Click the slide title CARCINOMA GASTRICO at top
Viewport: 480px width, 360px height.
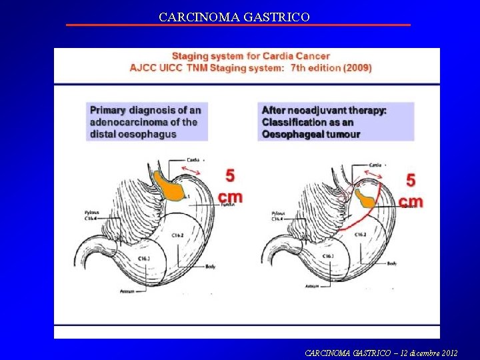234,17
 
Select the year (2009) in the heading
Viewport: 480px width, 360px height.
357,68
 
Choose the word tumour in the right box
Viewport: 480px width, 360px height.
344,135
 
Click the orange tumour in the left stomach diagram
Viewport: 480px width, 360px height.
167,187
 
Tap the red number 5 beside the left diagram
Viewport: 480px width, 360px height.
230,177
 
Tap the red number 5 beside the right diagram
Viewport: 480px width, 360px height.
411,180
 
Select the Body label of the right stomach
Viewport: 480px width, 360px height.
391,264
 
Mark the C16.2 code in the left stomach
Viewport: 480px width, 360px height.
178,235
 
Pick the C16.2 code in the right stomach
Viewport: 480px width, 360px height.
360,235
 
